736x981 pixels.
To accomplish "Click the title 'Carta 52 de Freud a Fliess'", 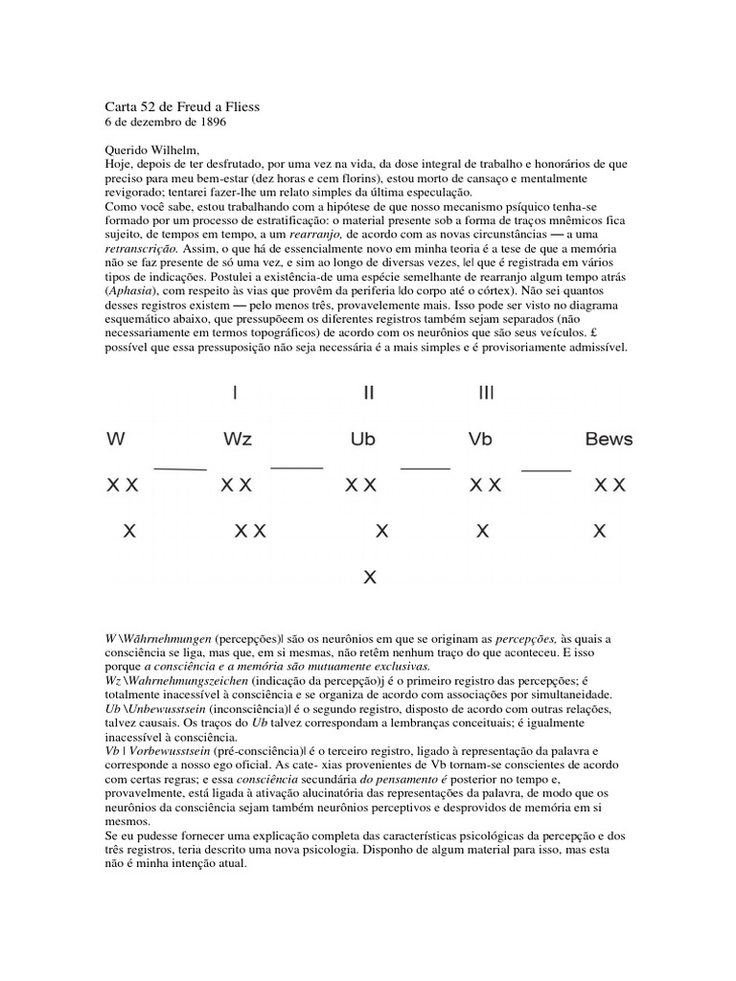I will [180, 107].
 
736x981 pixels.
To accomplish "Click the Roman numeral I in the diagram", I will [236, 393].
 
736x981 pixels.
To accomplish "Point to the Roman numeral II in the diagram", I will [368, 393].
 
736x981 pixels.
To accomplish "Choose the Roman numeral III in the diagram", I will [486, 393].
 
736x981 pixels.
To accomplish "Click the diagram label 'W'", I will [116, 440].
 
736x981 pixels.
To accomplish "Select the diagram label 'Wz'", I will [237, 440].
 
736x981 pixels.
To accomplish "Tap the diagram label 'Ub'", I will [363, 440].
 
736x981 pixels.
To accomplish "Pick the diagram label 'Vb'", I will [480, 440].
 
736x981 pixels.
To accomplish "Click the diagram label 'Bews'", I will [609, 440].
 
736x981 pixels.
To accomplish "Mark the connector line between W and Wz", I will [180, 468].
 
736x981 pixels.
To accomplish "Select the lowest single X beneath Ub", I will [371, 577].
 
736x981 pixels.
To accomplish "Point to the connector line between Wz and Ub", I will [297, 468].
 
